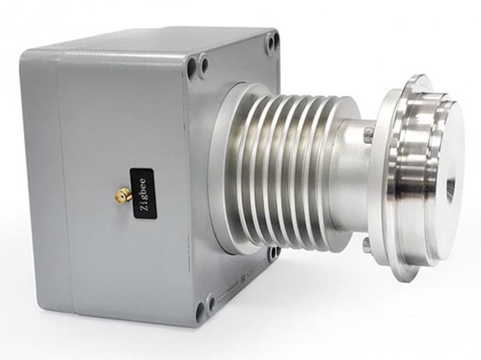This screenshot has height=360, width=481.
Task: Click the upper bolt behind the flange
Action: (368, 133)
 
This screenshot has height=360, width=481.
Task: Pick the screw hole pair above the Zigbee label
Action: (197, 64)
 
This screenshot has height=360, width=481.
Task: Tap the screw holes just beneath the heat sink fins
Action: (273, 253)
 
